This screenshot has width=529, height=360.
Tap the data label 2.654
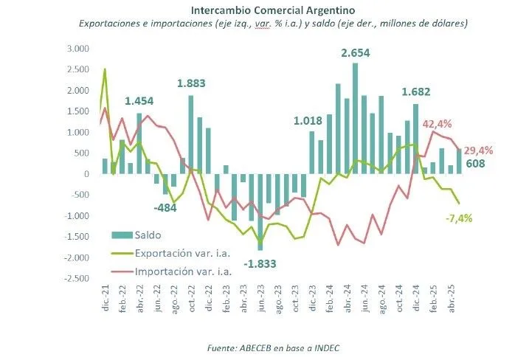tap(355, 53)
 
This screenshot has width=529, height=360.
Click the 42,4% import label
tap(438, 124)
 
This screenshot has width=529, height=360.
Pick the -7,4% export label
tap(459, 218)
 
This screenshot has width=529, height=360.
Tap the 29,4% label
tap(478, 150)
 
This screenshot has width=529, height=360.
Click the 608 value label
tap(477, 165)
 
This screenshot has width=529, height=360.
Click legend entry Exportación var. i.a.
tap(183, 253)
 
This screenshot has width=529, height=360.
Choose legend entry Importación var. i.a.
tap(183, 271)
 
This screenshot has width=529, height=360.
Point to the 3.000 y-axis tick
tap(77, 49)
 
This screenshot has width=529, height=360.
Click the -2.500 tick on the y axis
tap(75, 278)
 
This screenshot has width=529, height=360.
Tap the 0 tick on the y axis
tap(86, 174)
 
